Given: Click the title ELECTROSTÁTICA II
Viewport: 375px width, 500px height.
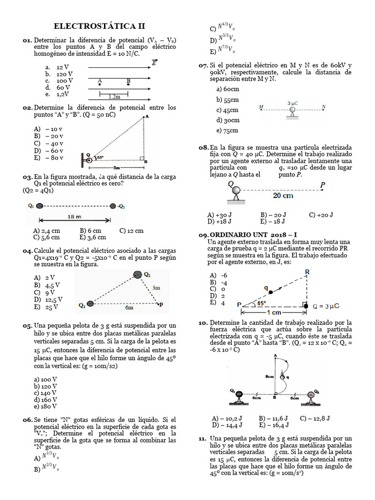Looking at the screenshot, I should point(99,26).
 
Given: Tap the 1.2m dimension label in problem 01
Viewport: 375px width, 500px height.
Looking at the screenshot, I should point(114,97).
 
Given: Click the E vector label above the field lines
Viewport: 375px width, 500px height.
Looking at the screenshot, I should point(155,62).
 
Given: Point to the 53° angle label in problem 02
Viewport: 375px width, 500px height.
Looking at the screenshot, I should point(99,157).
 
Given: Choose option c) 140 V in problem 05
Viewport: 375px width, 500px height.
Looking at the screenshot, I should point(45,392).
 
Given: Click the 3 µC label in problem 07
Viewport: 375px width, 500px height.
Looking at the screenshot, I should point(292,103).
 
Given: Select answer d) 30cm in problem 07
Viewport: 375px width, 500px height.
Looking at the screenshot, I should point(228,120).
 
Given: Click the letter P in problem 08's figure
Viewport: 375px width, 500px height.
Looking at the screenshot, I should point(322,185).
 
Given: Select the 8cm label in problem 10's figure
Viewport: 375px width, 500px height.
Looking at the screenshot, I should point(269,376).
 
